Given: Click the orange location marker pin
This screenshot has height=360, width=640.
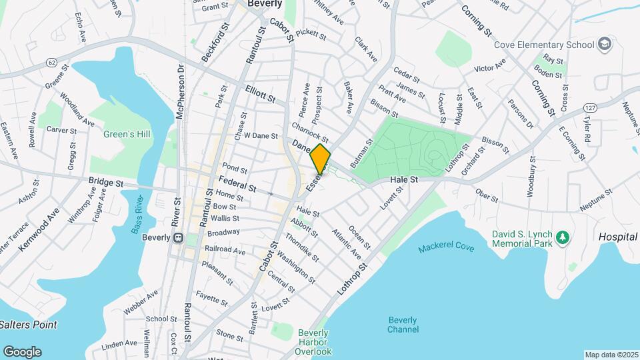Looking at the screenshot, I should (320, 159).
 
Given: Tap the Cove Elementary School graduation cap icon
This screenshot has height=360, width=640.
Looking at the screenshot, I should (605, 45).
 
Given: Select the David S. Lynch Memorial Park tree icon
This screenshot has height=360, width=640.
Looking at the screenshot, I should (563, 237).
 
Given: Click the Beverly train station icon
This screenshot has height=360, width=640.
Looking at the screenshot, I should (178, 237).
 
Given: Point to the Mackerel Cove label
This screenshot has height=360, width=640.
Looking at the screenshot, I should (447, 248).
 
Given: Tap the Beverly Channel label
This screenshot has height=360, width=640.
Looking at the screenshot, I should (403, 324).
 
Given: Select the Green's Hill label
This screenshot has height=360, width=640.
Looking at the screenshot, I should (126, 134).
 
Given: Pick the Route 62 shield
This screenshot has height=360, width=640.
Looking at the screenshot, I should (51, 62).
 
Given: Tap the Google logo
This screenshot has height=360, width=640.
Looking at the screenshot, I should (22, 351).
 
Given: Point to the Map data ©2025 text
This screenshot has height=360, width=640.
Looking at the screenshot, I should (611, 355).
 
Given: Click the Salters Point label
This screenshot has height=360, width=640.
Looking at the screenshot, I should (28, 325).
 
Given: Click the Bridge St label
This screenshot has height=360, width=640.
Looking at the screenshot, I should (106, 181).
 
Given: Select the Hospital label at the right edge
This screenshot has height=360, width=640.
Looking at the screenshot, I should (618, 237).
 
